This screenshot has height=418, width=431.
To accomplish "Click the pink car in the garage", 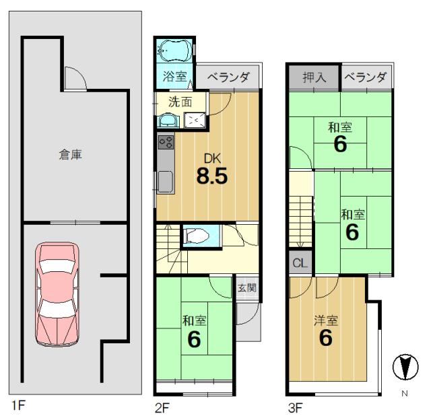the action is [x=57, y=294].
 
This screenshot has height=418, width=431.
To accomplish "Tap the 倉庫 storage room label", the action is [x=71, y=155].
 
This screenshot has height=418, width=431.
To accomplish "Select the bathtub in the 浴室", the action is [x=174, y=50].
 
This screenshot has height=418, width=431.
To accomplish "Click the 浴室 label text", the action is [x=174, y=77].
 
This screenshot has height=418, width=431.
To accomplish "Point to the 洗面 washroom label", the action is [x=180, y=102].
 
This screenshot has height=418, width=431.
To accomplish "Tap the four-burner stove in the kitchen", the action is [x=166, y=142].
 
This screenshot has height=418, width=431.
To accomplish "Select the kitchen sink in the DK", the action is [x=166, y=182].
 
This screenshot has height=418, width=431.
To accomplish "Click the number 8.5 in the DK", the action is [x=212, y=176].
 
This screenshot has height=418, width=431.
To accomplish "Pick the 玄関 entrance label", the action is [x=247, y=287].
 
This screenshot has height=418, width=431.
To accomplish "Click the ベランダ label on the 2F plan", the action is [x=228, y=77].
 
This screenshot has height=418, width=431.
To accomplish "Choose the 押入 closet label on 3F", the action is [x=314, y=77].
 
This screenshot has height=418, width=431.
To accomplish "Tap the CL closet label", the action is [x=300, y=263].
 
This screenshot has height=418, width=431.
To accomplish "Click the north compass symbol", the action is [x=405, y=368].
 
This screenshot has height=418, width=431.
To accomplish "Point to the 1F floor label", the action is [x=18, y=405].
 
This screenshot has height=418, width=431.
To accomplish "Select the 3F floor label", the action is [x=295, y=408].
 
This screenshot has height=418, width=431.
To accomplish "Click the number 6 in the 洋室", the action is [x=326, y=338].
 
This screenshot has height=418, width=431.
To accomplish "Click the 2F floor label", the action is [x=162, y=408].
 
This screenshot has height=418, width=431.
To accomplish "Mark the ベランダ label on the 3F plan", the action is [x=365, y=77].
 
